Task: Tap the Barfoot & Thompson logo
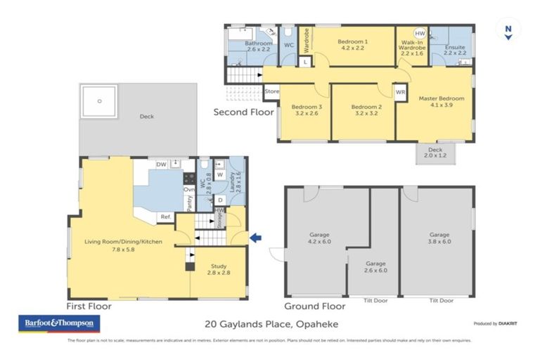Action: tap(59, 323)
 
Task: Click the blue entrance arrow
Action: tap(257, 238)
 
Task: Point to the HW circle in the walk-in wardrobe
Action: tap(420, 34)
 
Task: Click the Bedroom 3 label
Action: tap(306, 110)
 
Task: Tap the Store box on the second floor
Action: tap(271, 91)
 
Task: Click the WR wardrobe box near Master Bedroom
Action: tap(400, 92)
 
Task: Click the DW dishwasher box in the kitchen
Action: tap(161, 165)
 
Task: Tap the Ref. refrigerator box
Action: tap(166, 217)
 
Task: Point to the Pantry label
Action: tap(189, 202)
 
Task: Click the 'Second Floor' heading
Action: tap(244, 112)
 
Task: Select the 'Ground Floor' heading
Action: tap(314, 306)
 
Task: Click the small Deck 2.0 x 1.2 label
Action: tap(435, 153)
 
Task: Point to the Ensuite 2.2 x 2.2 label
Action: tap(455, 51)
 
